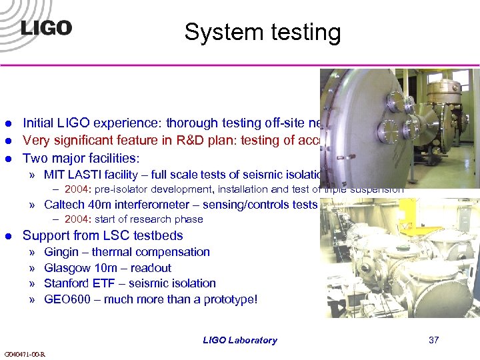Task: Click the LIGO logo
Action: click(x=45, y=28)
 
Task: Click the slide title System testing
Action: click(x=262, y=32)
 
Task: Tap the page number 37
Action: click(x=433, y=340)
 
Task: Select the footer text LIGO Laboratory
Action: click(x=240, y=340)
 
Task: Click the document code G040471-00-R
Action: click(x=24, y=353)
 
